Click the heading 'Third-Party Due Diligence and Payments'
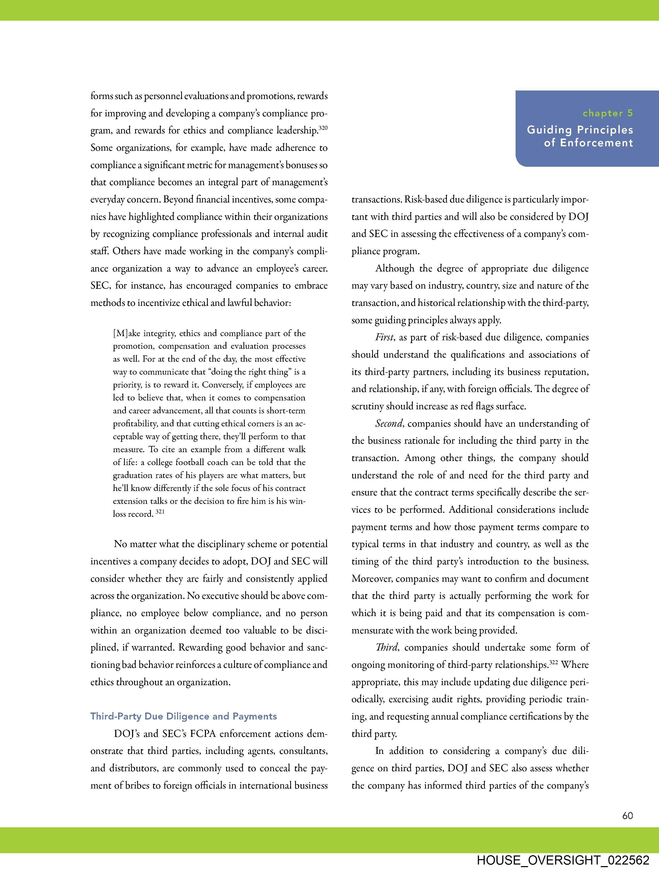coord(183,716)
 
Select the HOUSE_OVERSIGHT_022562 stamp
coord(563,860)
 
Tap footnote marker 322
coord(554,663)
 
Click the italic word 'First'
coord(384,337)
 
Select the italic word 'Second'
coord(389,424)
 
